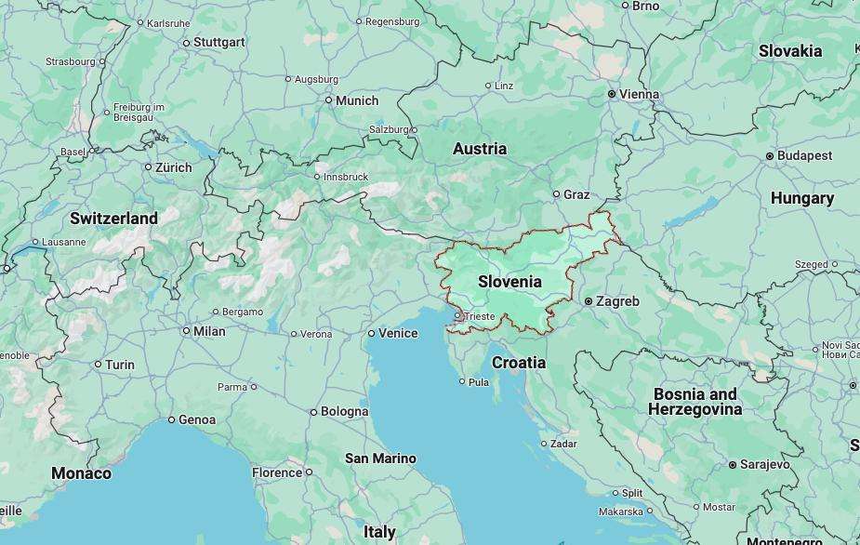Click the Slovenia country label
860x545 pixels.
click(509, 281)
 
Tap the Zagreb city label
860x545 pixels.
click(617, 301)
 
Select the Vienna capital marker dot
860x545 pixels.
click(612, 94)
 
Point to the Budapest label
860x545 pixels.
click(804, 155)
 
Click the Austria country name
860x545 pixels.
click(480, 149)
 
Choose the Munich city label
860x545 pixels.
click(357, 100)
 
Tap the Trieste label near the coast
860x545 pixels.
click(481, 316)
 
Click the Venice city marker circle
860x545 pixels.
click(371, 333)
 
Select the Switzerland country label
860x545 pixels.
click(113, 218)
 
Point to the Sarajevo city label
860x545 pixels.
click(765, 464)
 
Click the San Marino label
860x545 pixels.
click(380, 459)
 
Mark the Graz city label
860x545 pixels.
click(576, 194)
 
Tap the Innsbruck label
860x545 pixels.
click(346, 177)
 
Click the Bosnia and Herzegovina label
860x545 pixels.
click(695, 402)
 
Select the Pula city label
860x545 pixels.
click(479, 381)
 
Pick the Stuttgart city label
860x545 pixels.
click(219, 42)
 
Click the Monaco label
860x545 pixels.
click(81, 473)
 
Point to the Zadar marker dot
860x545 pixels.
click(544, 444)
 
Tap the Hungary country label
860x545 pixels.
click(802, 198)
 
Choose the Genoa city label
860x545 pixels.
click(197, 419)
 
